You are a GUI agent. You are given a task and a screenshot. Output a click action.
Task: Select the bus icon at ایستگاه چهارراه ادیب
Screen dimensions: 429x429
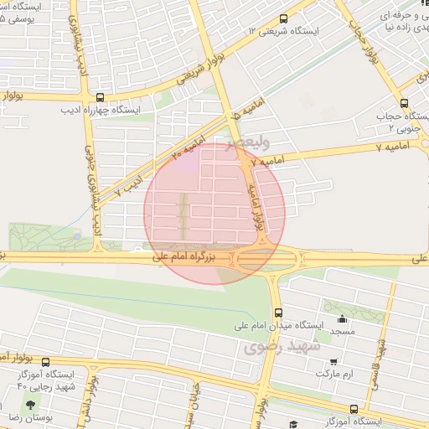click(x=101, y=97)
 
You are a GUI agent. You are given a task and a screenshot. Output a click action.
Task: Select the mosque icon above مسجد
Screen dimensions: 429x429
click(x=342, y=318)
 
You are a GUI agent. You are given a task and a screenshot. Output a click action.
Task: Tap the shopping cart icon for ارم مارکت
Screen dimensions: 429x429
click(x=334, y=362)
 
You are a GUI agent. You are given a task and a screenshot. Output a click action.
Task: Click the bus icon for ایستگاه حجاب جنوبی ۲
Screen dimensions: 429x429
click(x=405, y=103)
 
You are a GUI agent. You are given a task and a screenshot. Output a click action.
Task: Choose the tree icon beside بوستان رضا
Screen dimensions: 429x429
click(x=42, y=402)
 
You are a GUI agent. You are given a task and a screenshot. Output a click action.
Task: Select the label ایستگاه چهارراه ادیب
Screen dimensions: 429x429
click(x=101, y=109)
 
